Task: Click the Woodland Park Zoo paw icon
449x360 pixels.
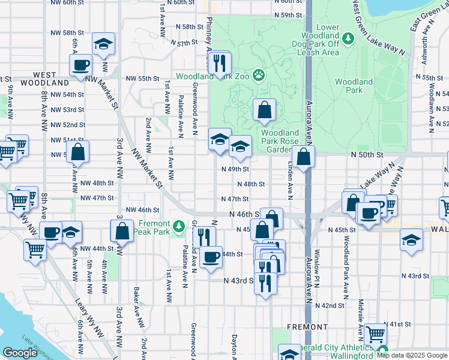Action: point(259,75)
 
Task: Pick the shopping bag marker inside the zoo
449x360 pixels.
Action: point(264,110)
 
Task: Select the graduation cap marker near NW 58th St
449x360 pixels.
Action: point(104,43)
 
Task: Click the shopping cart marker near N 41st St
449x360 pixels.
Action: point(375,334)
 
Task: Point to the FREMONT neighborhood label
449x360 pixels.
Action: point(307,328)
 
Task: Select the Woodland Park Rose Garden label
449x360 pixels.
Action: point(280,141)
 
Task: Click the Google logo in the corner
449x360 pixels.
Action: point(20,353)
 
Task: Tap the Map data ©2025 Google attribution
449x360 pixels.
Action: point(412,355)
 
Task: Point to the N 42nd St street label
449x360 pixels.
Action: point(333,305)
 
